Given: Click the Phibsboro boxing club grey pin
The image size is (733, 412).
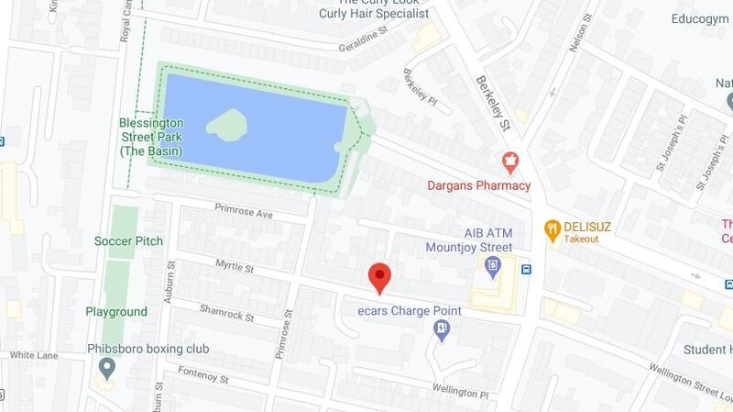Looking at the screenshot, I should pyautogui.click(x=107, y=369).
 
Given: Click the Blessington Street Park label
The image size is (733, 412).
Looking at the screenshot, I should pyautogui.click(x=151, y=137).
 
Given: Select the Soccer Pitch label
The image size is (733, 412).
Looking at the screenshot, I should pyautogui.click(x=128, y=241).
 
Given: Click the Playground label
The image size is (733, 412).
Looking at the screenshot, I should pyautogui.click(x=116, y=312).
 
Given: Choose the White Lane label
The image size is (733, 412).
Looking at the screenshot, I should pyautogui.click(x=35, y=355).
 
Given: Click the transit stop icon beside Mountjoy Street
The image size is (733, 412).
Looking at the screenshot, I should pyautogui.click(x=527, y=270).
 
